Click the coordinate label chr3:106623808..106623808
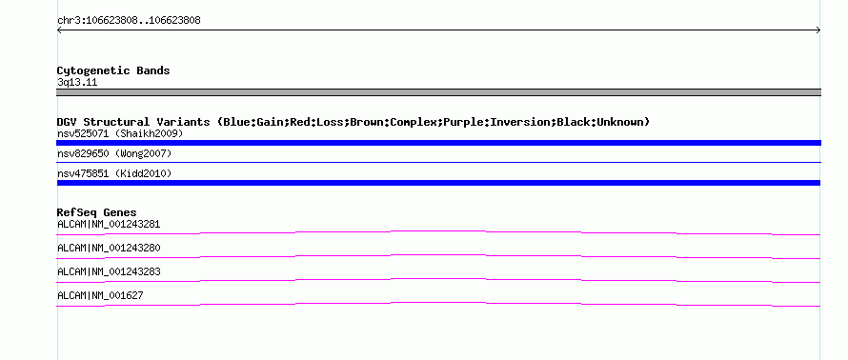click(129, 21)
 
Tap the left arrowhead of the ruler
click(59, 30)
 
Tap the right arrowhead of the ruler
click(818, 30)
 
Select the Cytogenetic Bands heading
click(113, 70)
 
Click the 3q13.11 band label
click(77, 83)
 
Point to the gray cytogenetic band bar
click(438, 92)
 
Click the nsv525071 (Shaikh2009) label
click(120, 133)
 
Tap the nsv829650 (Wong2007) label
click(114, 154)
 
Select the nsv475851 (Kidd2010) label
click(114, 173)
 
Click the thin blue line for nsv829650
click(438, 162)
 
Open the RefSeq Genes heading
click(97, 212)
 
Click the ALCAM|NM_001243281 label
click(109, 225)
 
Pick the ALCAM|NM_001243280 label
click(109, 249)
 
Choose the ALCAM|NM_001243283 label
click(109, 271)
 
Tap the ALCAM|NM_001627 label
click(100, 295)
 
